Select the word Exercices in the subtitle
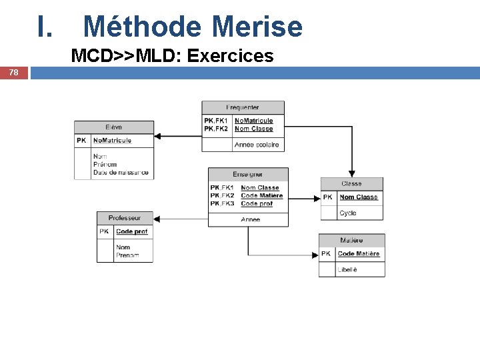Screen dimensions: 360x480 (x=231, y=55)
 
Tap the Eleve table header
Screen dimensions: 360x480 (x=113, y=127)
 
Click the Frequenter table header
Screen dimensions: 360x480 (x=243, y=107)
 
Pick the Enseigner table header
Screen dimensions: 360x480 (x=248, y=174)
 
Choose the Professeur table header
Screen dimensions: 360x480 (x=125, y=218)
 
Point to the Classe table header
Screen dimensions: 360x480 (x=351, y=184)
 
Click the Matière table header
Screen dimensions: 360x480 (x=351, y=240)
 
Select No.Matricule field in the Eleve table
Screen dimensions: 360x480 (x=112, y=141)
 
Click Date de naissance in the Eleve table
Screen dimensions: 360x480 (x=121, y=173)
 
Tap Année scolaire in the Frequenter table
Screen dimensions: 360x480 (x=257, y=145)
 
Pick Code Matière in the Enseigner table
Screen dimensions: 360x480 (x=261, y=195)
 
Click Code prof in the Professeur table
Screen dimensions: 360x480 (x=131, y=231)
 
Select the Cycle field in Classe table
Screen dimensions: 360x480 (x=348, y=213)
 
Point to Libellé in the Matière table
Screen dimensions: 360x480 (x=348, y=269)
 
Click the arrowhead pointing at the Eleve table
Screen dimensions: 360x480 (x=158, y=136)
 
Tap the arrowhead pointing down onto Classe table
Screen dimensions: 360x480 (x=352, y=173)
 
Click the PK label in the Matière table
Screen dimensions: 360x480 (x=326, y=253)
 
